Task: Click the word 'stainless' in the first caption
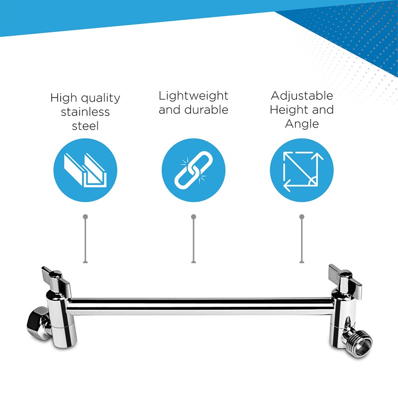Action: click(85, 111)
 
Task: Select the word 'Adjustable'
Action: click(301, 96)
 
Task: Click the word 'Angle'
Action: click(301, 123)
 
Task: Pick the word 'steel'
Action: click(85, 126)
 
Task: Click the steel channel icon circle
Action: click(85, 172)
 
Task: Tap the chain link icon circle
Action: click(194, 172)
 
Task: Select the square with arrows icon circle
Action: click(301, 172)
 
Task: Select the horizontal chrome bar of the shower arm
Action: click(199, 305)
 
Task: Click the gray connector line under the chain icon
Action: click(194, 239)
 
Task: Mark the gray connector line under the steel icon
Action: click(86, 239)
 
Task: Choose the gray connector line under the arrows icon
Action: click(301, 239)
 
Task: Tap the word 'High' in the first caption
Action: click(63, 98)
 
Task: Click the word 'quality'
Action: click(100, 98)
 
